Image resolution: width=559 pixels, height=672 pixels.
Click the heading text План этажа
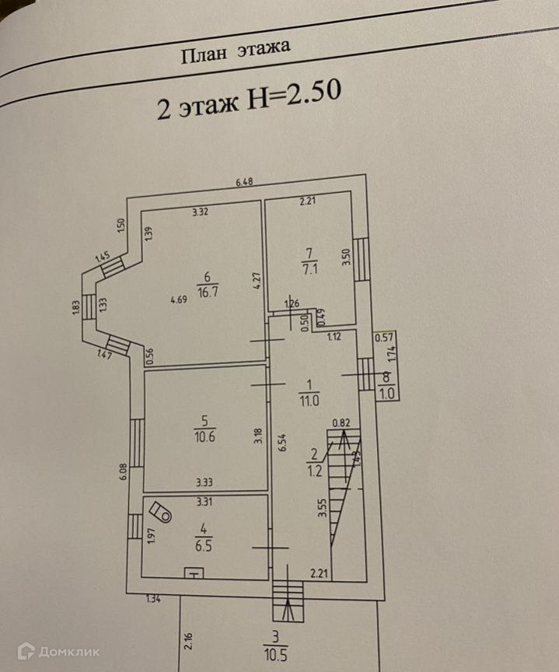pyautogui.click(x=236, y=52)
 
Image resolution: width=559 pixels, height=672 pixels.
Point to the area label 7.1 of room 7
pyautogui.click(x=307, y=268)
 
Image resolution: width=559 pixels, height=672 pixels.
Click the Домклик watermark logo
pyautogui.click(x=59, y=651)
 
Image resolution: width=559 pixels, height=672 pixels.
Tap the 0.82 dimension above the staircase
pyautogui.click(x=341, y=423)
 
